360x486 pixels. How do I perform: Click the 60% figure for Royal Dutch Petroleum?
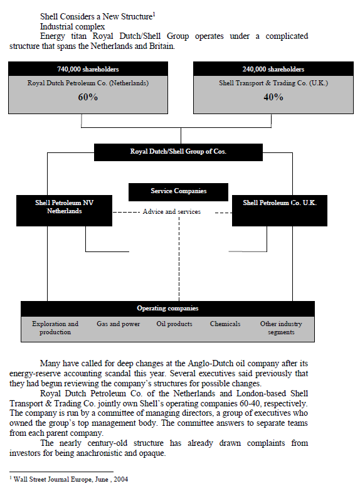point(88,97)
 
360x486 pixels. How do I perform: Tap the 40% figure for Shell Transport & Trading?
point(273,97)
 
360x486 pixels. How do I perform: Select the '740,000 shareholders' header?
point(88,69)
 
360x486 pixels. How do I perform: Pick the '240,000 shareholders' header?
point(273,69)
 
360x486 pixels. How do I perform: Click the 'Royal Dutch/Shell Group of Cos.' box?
point(178,152)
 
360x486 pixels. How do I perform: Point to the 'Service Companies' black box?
point(178,191)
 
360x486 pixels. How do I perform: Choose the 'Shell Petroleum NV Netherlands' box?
point(64,207)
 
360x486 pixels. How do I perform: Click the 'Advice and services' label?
point(172,212)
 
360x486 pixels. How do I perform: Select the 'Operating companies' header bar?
point(167,309)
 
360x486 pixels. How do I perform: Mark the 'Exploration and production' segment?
point(55,328)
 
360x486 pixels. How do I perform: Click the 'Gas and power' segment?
point(118,324)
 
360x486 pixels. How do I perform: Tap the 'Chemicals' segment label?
point(225,324)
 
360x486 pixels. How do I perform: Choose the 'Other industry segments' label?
point(281,328)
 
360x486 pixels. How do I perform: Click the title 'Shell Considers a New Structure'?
point(96,16)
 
